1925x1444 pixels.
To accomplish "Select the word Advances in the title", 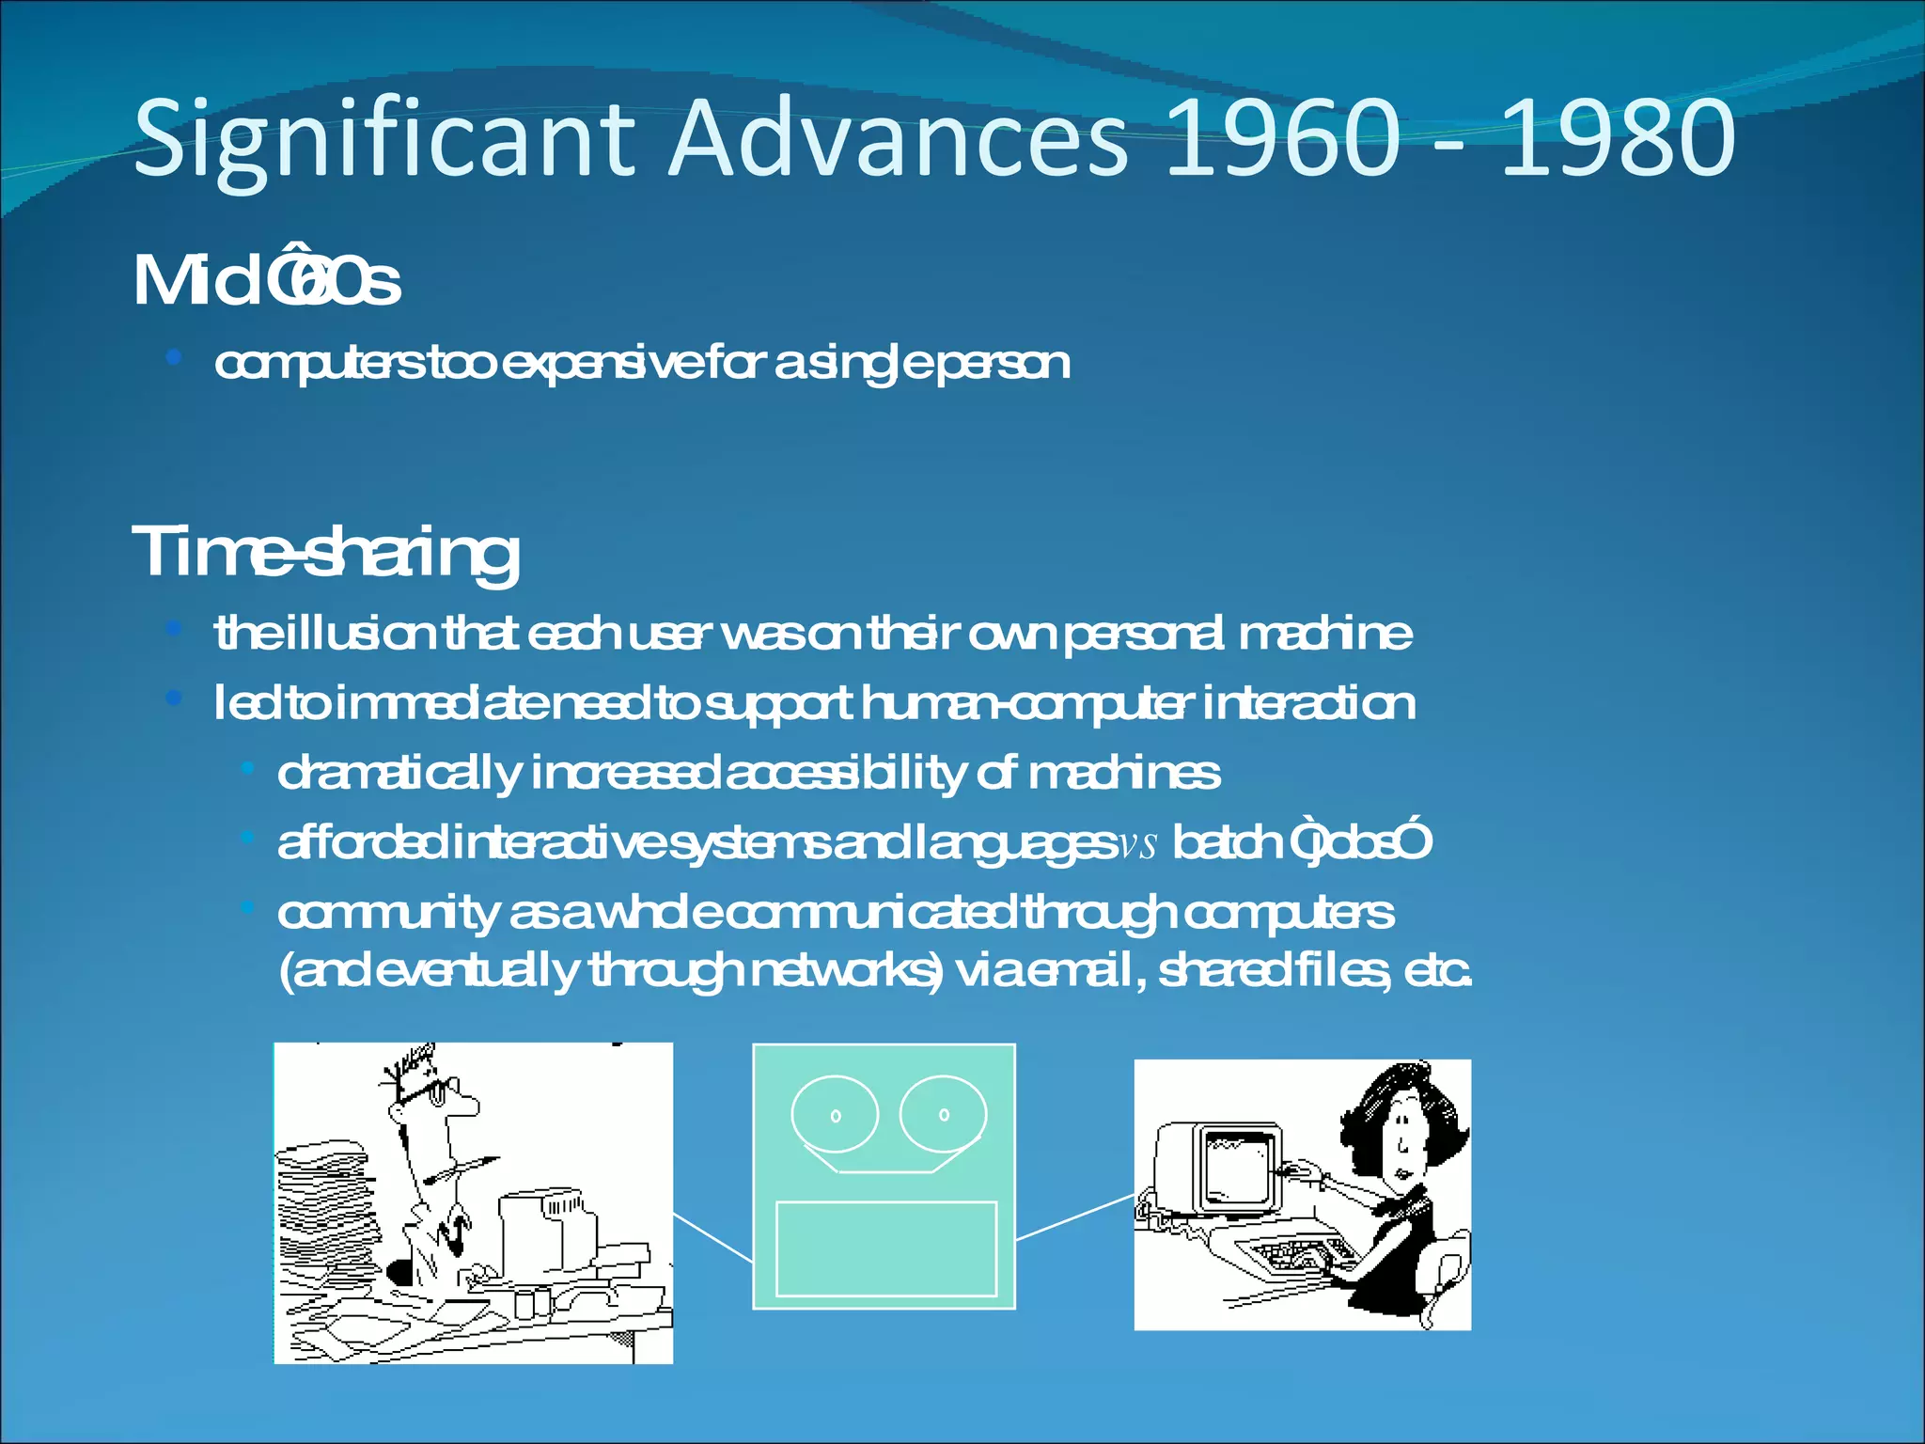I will click(x=898, y=139).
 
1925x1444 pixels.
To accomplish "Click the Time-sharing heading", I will click(x=325, y=553).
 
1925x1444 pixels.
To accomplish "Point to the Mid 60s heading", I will click(x=267, y=281).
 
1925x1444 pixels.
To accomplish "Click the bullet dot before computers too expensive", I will click(x=173, y=357).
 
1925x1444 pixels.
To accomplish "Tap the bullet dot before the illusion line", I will click(x=173, y=628).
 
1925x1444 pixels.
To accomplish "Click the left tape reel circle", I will click(x=835, y=1115).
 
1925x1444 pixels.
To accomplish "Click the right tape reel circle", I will click(x=943, y=1114).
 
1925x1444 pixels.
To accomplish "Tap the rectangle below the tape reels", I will click(x=885, y=1248).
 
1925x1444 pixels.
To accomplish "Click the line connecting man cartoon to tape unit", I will click(x=712, y=1237).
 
